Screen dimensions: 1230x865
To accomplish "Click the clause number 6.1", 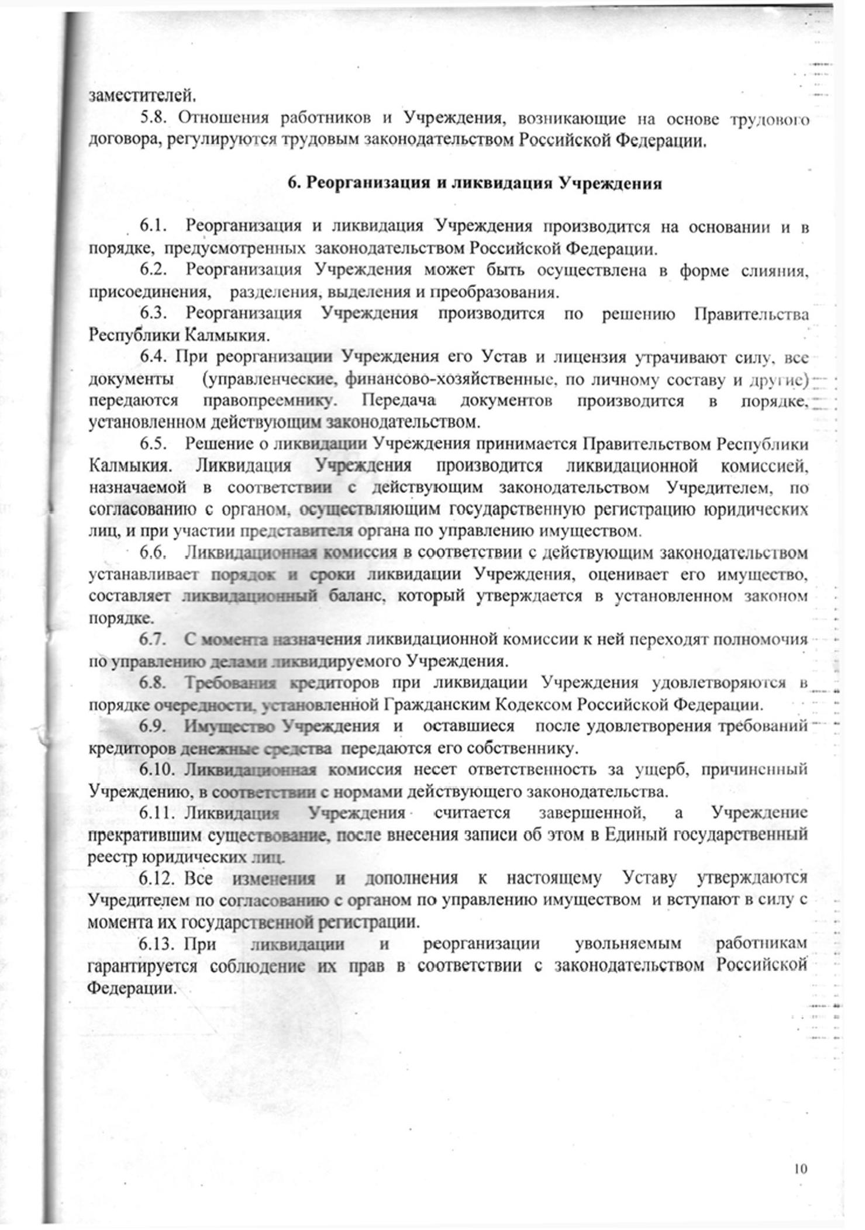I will [x=154, y=226].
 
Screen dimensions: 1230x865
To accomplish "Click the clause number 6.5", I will [x=154, y=444].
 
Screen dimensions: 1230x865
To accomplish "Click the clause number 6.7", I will [x=154, y=639].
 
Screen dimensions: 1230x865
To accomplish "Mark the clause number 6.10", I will [x=157, y=769].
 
